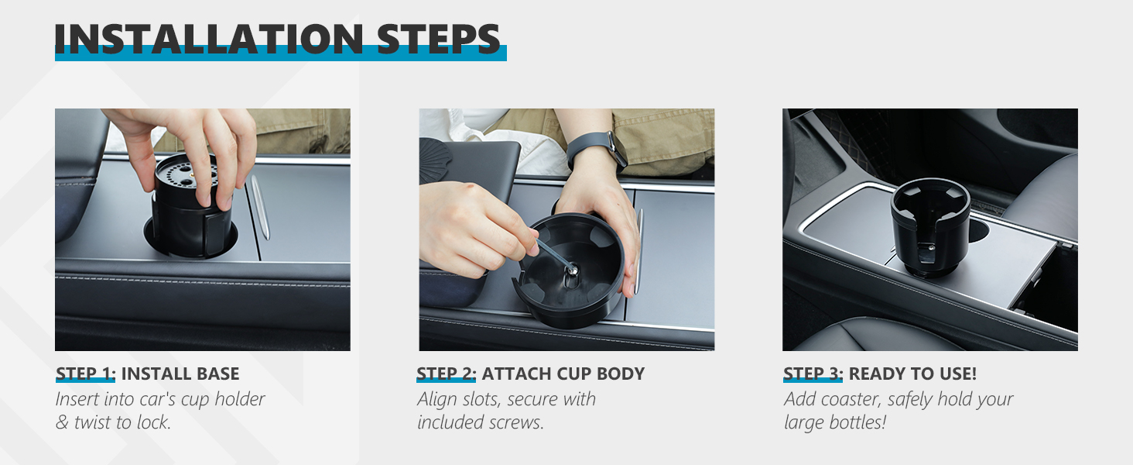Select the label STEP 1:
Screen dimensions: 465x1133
point(85,374)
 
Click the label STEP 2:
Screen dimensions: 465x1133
point(446,374)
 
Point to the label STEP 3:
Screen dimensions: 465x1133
point(813,374)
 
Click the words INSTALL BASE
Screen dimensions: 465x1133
point(180,374)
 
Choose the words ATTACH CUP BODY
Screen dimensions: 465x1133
point(563,374)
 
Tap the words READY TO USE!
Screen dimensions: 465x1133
point(912,374)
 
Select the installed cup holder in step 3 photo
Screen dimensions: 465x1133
point(929,225)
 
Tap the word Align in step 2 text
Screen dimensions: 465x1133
point(437,399)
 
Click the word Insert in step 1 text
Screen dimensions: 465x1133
point(77,399)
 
